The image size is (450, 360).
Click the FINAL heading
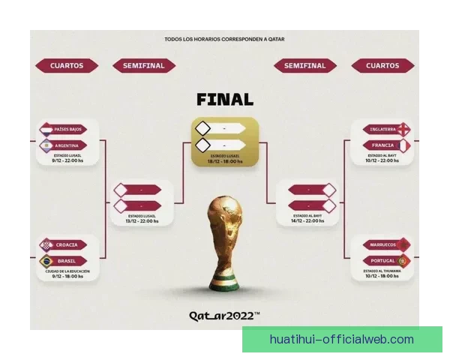(x=224, y=99)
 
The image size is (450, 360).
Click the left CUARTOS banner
(x=67, y=66)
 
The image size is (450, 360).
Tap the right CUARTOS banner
(x=382, y=66)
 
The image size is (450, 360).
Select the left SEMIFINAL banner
(x=143, y=66)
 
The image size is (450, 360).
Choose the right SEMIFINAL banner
(x=305, y=66)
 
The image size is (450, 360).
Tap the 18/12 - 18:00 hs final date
(x=224, y=161)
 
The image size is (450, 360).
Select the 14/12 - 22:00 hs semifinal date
(x=307, y=221)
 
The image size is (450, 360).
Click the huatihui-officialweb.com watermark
(x=341, y=340)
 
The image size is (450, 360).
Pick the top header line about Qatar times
(x=224, y=39)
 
